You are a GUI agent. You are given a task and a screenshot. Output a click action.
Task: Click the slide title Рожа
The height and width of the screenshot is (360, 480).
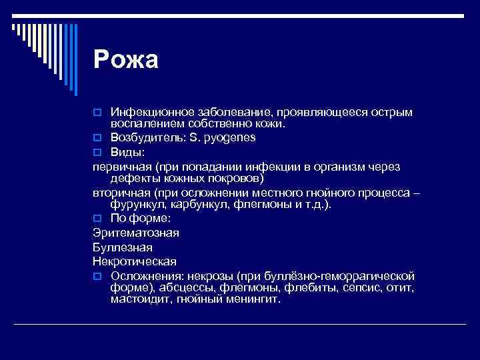pyautogui.click(x=126, y=60)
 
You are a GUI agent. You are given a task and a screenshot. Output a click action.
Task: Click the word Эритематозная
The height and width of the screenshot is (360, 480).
pyautogui.click(x=136, y=233)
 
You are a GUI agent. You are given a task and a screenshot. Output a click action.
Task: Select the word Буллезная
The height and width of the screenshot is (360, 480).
pyautogui.click(x=123, y=247)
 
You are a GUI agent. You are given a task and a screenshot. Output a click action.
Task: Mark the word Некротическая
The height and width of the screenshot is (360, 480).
pyautogui.click(x=135, y=261)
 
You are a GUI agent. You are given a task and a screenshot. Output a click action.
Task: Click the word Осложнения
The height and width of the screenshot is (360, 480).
pyautogui.click(x=144, y=275)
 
